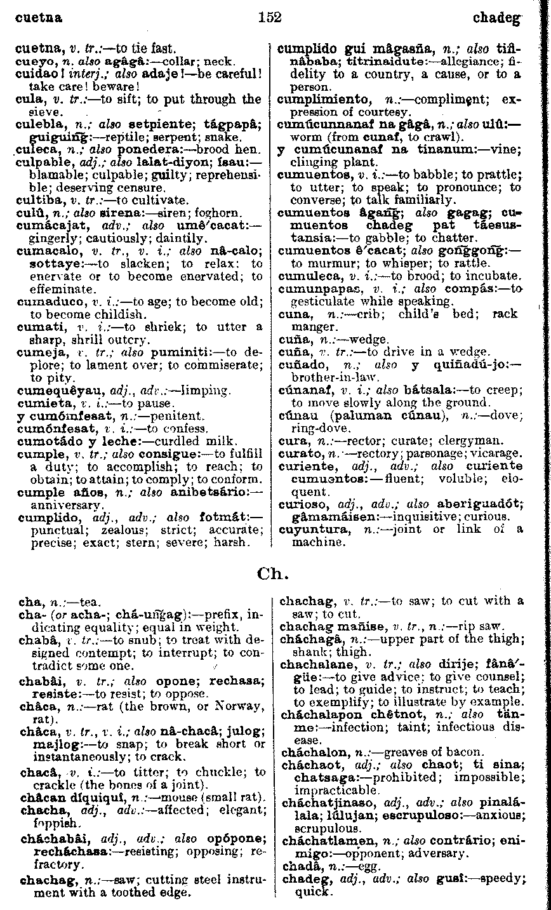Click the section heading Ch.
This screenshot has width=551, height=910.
point(273,574)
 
